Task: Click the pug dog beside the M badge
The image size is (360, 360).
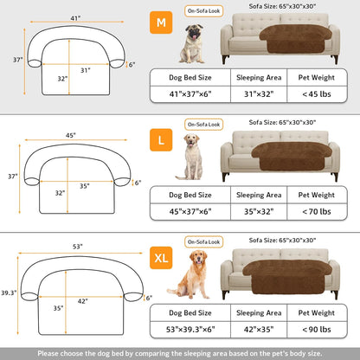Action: [191, 44]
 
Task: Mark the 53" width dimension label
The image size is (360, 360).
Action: [77, 247]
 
